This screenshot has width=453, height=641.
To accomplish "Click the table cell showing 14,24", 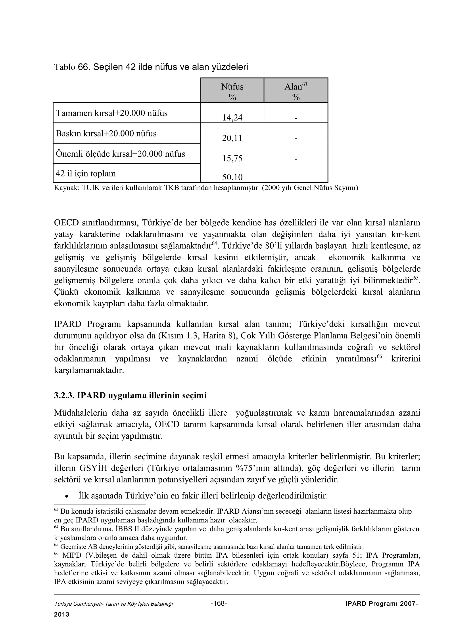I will click(x=232, y=117).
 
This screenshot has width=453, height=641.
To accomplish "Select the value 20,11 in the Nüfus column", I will click(x=232, y=138).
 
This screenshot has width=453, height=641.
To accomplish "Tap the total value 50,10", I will click(x=232, y=177).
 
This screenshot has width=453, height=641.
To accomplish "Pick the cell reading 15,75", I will click(x=232, y=158).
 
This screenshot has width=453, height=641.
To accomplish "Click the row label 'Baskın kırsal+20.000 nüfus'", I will click(x=106, y=133).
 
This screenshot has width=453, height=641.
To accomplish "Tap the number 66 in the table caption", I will click(x=83, y=67).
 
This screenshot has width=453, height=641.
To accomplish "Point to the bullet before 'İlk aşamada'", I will click(x=66, y=496).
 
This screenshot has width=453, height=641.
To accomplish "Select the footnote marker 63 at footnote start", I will click(x=56, y=510).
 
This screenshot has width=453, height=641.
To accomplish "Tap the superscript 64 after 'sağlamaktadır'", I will click(x=214, y=243).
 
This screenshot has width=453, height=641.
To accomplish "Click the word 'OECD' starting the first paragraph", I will click(x=66, y=223).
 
